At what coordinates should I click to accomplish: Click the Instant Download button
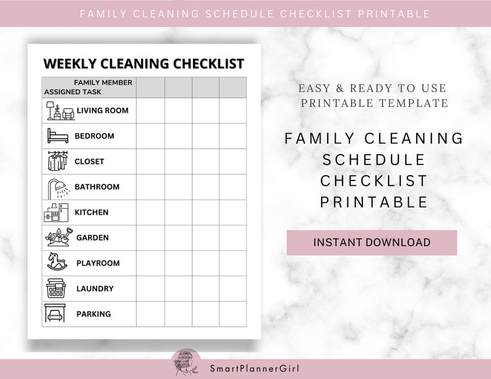click(372, 242)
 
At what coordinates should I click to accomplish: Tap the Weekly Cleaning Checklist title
click(143, 64)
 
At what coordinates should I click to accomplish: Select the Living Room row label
click(103, 111)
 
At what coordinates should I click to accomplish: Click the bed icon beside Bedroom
click(57, 135)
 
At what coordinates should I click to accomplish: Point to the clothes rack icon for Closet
click(57, 161)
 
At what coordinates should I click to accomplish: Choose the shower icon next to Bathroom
click(58, 186)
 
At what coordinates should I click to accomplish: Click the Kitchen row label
click(92, 212)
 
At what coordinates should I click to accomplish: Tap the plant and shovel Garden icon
click(58, 237)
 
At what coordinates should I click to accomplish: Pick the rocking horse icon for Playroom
click(58, 262)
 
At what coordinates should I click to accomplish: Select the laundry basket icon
click(57, 288)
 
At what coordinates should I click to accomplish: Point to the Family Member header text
click(103, 82)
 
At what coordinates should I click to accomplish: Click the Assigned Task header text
click(73, 92)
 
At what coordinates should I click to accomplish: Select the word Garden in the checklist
click(92, 237)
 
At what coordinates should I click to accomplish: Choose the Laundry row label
click(95, 289)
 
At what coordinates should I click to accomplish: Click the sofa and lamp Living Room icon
click(60, 111)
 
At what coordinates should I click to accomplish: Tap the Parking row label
click(93, 314)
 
